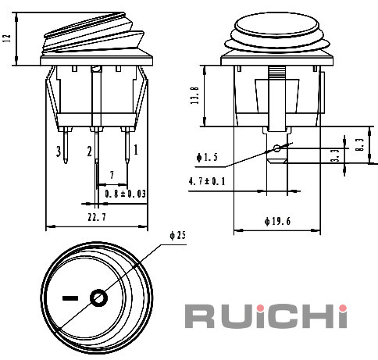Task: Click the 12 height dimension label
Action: pyautogui.click(x=7, y=38)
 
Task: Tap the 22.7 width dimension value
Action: pyautogui.click(x=97, y=217)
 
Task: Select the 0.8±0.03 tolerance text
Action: pyautogui.click(x=126, y=194)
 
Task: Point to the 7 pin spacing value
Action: pyautogui.click(x=112, y=175)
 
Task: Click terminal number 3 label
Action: pyautogui.click(x=59, y=151)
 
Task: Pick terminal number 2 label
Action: pyautogui.click(x=89, y=151)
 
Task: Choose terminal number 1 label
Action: pyautogui.click(x=136, y=150)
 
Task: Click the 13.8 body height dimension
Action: pyautogui.click(x=195, y=95)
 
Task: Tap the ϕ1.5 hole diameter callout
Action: pyautogui.click(x=207, y=157)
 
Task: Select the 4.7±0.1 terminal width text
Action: pyautogui.click(x=207, y=181)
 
